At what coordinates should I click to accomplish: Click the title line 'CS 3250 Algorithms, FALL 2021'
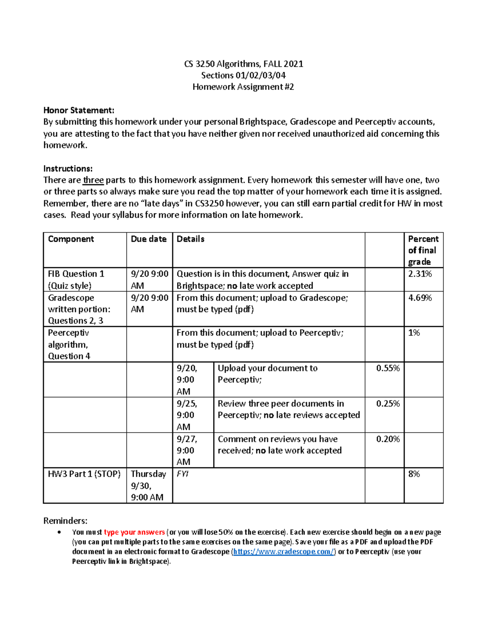[243, 64]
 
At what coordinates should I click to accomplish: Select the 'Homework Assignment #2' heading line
[243, 87]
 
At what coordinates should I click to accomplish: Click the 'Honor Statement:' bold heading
[79, 111]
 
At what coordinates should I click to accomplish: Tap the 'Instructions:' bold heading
[68, 168]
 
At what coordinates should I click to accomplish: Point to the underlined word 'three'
[93, 180]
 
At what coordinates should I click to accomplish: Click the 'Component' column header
[71, 239]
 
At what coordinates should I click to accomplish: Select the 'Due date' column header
[149, 239]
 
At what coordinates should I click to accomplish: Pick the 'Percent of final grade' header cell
[423, 250]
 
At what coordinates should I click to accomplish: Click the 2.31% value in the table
[420, 274]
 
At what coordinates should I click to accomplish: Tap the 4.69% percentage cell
[420, 298]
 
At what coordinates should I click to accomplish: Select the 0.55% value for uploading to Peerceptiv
[388, 368]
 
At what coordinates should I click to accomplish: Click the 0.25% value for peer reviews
[388, 404]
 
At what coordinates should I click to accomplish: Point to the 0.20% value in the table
[388, 439]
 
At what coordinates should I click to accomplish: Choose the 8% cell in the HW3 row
[414, 474]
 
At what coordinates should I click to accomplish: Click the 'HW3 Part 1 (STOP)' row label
[84, 474]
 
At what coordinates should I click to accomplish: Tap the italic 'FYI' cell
[183, 474]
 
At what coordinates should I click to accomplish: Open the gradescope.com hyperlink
[283, 552]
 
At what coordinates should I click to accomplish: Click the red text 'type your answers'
[134, 532]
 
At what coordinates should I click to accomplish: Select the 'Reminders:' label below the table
[65, 521]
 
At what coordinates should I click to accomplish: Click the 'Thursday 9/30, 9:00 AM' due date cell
[148, 486]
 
